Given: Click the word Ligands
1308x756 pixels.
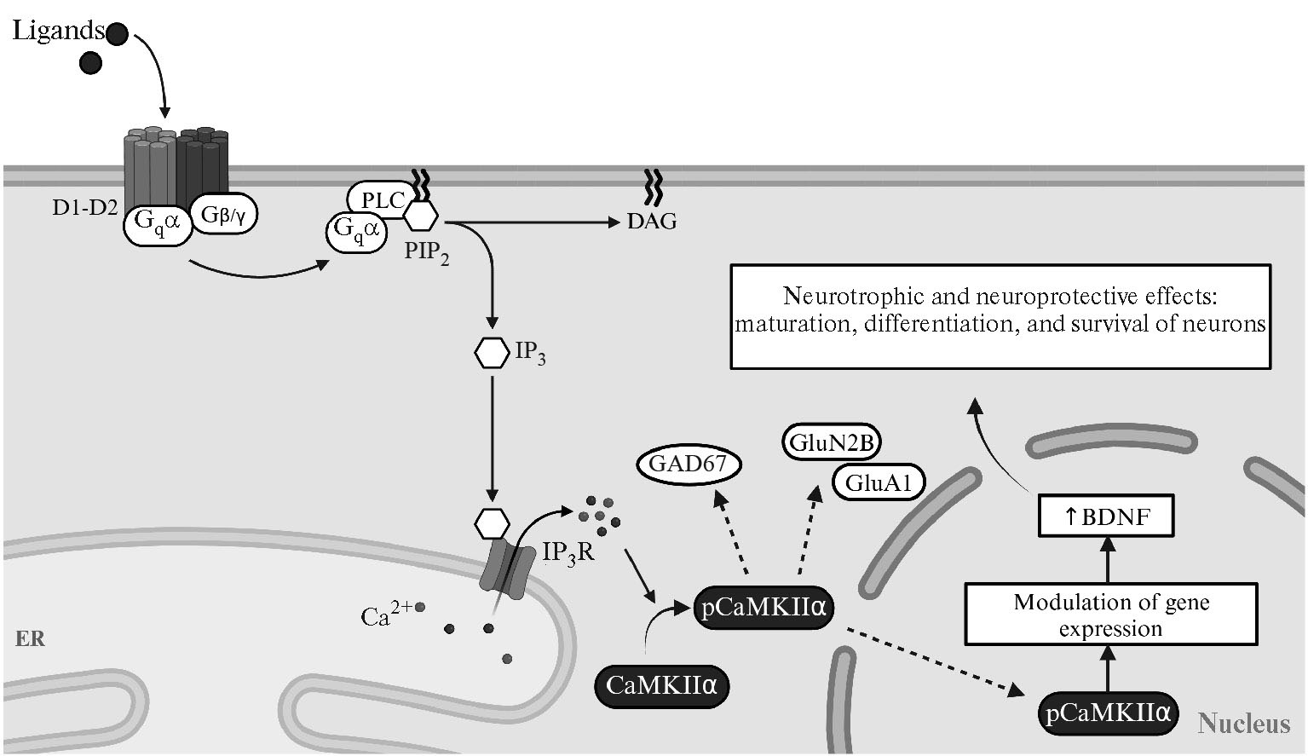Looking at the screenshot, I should pos(58,32).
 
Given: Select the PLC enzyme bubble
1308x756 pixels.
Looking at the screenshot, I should pos(382,201).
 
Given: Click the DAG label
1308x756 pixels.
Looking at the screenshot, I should pos(652,222).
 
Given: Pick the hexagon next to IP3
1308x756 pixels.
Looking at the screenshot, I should pos(492,353).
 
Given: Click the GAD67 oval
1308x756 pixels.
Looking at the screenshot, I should pos(689,465).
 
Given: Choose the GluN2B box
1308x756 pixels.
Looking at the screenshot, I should pos(831,443).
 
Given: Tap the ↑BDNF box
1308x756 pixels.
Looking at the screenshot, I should pos(1106,517).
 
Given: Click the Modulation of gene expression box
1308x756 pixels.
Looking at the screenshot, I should pos(1111,615).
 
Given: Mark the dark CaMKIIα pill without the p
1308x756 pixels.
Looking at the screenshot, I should pos(661,685).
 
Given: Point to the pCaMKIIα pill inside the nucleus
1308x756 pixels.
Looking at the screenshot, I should pos(1108,713).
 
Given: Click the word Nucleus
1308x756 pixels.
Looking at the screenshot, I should pos(1243,724).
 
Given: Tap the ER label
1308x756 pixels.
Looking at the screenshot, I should pos(30,638).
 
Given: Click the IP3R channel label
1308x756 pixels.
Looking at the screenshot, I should pos(568,554).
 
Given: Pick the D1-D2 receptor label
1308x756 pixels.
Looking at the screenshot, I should pos(84,208).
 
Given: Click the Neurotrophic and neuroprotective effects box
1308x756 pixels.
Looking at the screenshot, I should pos(1000,316).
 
